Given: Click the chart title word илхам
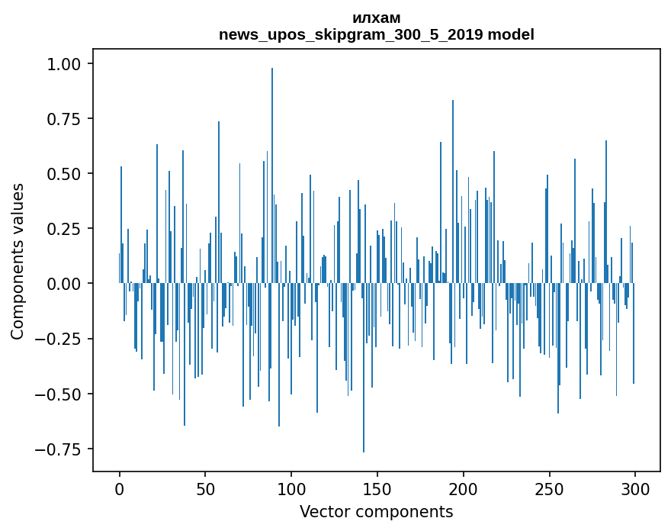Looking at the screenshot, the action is (x=377, y=18).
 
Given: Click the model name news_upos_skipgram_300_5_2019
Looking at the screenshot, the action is (x=352, y=34).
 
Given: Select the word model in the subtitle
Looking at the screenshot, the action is (x=511, y=34).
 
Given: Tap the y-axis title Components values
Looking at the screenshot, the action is (x=17, y=261).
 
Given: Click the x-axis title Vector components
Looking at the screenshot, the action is (x=376, y=512).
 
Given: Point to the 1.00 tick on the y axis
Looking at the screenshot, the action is (x=64, y=64).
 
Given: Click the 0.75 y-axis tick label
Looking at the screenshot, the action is (x=64, y=118).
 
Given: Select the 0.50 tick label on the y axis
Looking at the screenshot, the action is (x=64, y=174).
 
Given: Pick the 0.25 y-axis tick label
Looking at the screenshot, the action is (x=64, y=229).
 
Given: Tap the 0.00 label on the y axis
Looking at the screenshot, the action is (x=64, y=284).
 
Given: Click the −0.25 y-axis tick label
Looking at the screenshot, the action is (x=58, y=339).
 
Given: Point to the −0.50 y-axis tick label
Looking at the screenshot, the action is (x=58, y=394).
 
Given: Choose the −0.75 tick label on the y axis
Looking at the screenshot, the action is (x=58, y=449).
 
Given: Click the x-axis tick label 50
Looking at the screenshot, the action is (x=205, y=489).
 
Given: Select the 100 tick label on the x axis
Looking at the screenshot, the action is (x=291, y=489).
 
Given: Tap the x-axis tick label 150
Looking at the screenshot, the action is (x=377, y=489).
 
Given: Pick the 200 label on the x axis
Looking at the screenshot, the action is (x=463, y=489).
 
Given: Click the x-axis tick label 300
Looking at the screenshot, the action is (x=635, y=489).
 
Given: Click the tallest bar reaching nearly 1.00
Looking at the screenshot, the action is (x=272, y=175).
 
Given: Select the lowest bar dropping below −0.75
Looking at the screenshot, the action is (x=364, y=368).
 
